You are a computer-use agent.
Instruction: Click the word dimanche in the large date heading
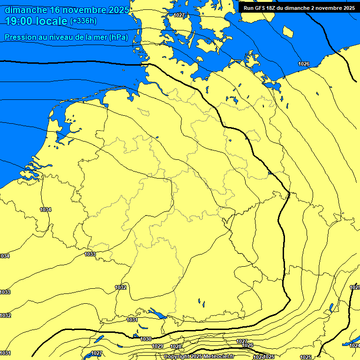[26, 10]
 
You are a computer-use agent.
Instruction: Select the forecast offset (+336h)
[83, 21]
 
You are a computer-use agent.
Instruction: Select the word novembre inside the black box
[325, 8]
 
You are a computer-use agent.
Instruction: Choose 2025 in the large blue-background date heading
[118, 10]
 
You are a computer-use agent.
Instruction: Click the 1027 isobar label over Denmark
[179, 15]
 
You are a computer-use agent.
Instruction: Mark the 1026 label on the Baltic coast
[304, 63]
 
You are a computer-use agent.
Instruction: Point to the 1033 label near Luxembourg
[90, 254]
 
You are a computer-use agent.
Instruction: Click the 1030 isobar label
[146, 338]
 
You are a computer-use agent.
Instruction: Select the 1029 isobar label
[157, 346]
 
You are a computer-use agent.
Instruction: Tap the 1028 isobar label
[176, 346]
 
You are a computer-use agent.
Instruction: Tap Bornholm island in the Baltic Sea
[289, 32]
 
